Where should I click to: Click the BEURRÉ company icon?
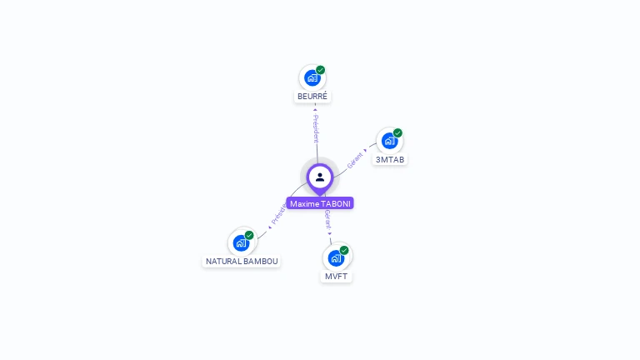click(x=312, y=78)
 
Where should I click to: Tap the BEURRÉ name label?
click(x=313, y=97)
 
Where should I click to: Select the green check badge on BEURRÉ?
click(x=321, y=70)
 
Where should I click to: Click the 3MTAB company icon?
click(x=389, y=141)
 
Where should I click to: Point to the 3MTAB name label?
click(x=390, y=159)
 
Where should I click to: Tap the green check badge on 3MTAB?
click(x=398, y=132)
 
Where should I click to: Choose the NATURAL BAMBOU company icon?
click(x=242, y=242)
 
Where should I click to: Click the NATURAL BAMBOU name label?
click(x=242, y=261)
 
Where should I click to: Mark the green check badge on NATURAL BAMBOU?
click(x=249, y=235)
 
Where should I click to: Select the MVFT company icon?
click(x=336, y=257)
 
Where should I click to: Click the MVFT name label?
click(x=337, y=276)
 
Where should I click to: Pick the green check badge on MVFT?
click(x=344, y=250)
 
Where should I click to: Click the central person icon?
click(x=320, y=177)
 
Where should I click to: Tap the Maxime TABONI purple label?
click(x=320, y=203)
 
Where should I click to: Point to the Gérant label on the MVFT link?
click(x=328, y=221)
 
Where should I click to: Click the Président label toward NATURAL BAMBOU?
click(x=277, y=215)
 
